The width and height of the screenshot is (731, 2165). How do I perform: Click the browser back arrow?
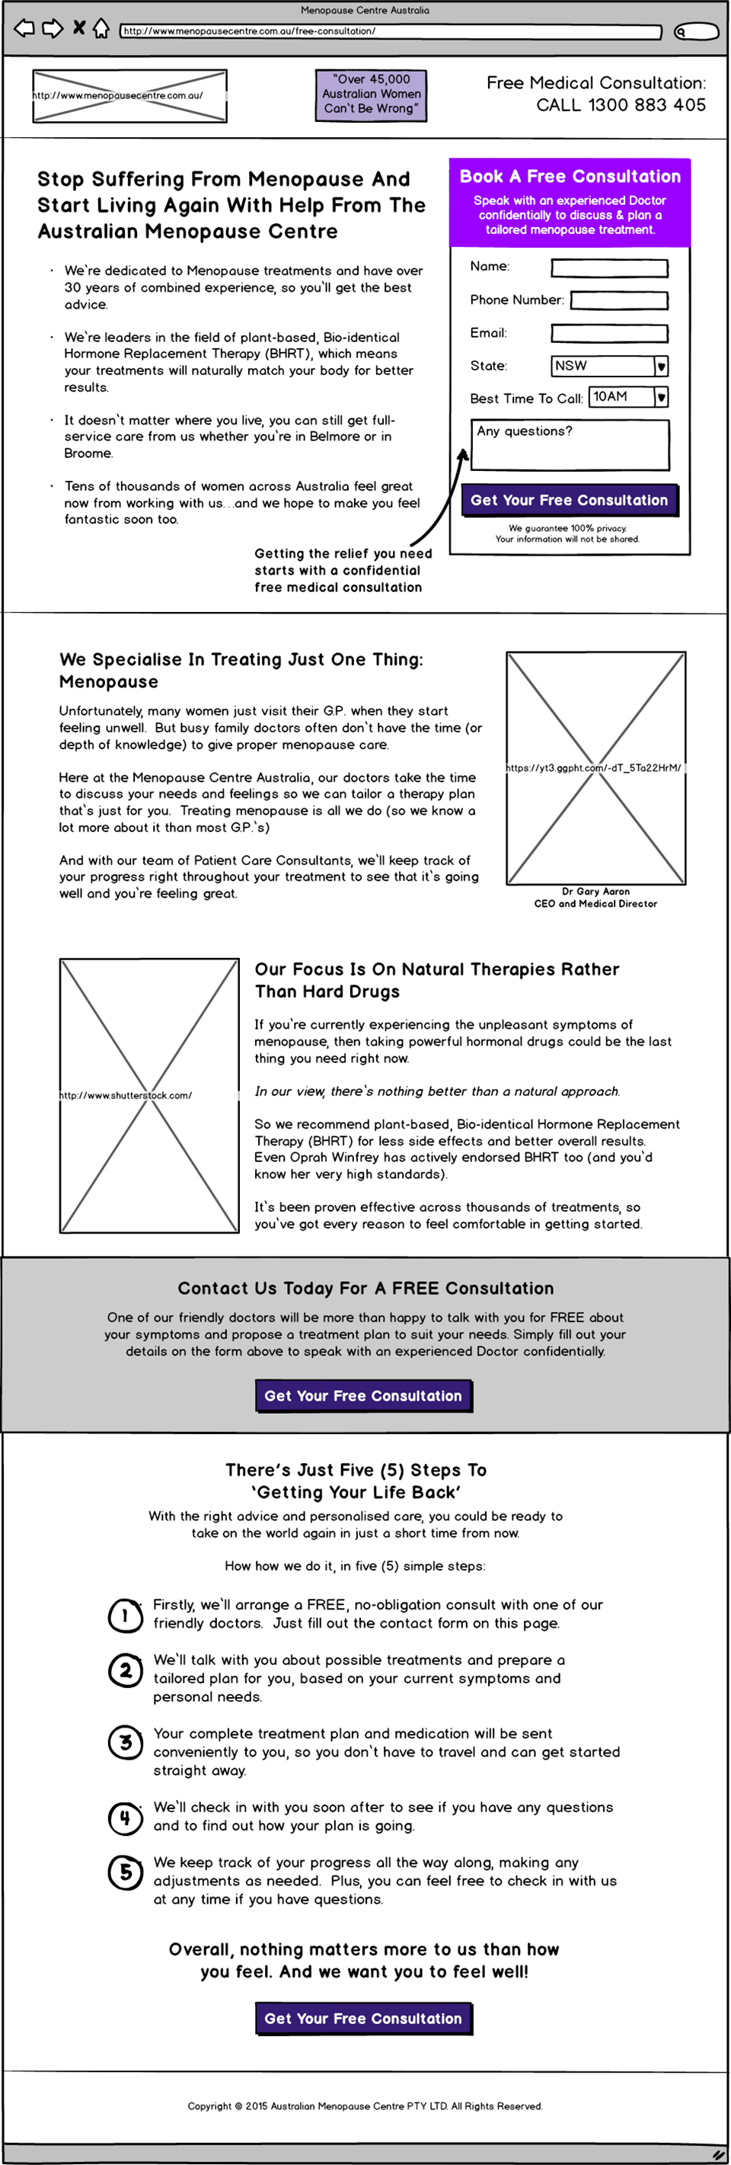(24, 28)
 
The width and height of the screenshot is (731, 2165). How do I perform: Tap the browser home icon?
(101, 28)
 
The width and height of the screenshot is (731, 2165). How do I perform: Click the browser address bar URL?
(391, 32)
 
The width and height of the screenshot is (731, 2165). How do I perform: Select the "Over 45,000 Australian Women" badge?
(371, 95)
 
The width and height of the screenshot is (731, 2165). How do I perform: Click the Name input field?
(609, 268)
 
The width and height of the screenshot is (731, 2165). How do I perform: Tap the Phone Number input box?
(619, 300)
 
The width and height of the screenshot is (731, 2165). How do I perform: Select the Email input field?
(609, 334)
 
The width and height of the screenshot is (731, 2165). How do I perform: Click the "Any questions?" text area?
(570, 444)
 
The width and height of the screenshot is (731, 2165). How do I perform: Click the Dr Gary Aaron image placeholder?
(595, 768)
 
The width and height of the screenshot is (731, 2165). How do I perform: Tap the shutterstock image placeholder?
(149, 1095)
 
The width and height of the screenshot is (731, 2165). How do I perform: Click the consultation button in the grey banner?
(364, 1396)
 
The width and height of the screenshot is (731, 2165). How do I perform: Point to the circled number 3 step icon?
(125, 1743)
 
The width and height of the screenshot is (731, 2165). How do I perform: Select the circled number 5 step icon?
(125, 1872)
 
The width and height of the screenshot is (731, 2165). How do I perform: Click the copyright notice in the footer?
(365, 2106)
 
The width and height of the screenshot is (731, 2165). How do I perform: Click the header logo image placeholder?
(129, 96)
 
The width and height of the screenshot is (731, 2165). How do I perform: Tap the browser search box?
(697, 32)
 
